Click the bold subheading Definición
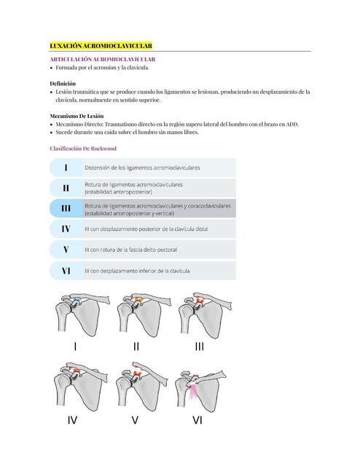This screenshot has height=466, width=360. tap(62, 84)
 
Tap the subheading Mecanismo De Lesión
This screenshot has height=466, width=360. tap(77, 116)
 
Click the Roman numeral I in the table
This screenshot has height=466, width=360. tap(66, 167)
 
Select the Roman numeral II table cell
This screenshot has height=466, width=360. tap(66, 188)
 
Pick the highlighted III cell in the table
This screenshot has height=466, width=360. tap(66, 209)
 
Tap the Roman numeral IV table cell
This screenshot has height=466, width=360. tap(66, 229)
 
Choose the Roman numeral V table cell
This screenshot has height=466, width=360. tap(66, 250)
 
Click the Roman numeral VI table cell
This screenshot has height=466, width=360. tap(66, 271)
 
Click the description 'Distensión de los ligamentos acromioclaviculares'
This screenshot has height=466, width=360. tap(144, 167)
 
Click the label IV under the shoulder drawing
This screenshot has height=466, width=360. tap(72, 420)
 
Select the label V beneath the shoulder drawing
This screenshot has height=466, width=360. tap(135, 420)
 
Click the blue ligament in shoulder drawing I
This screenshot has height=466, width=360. tap(75, 299)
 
